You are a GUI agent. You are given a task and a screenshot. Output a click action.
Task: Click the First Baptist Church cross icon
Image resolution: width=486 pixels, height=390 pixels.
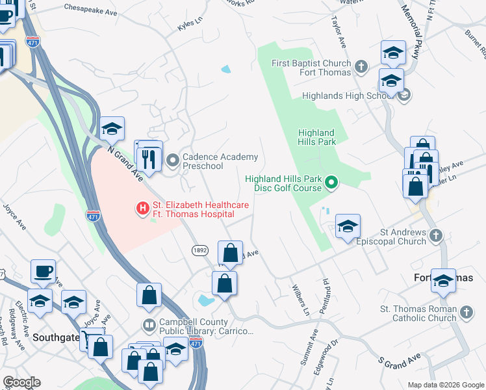coord(361,66)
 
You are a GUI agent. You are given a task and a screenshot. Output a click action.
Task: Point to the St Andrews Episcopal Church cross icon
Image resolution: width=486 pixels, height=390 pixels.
coord(435,235)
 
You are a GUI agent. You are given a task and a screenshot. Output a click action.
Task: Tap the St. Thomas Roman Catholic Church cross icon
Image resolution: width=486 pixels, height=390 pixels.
coord(465,313)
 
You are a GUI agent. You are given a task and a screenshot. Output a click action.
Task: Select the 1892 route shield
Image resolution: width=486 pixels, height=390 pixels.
coord(199,250)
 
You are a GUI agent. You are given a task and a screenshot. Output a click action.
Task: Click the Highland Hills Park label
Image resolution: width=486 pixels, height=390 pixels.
coord(316,136)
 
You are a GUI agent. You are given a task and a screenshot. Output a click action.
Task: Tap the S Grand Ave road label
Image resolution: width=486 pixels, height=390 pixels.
coord(400,357)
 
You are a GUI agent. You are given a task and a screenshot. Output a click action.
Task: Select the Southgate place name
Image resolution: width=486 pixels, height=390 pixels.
coord(55,337)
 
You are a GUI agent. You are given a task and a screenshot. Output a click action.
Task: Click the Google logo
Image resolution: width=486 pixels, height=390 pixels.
coord(21,382)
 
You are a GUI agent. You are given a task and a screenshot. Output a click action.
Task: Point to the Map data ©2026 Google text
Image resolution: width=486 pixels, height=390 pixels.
coord(445,385)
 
